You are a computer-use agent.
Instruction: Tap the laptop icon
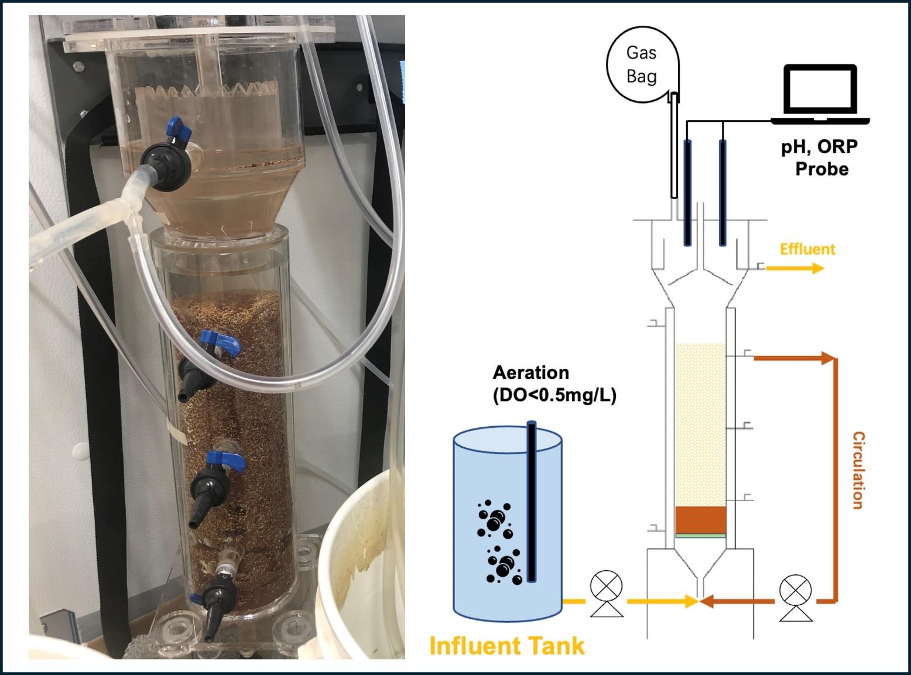(x=820, y=94)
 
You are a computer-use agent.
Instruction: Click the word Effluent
(x=807, y=249)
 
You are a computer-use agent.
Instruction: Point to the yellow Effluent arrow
(x=795, y=268)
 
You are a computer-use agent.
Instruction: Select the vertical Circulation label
(x=859, y=470)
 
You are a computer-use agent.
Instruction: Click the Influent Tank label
(x=507, y=645)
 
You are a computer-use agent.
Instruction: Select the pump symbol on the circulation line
(x=796, y=598)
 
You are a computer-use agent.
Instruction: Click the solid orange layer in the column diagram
(x=701, y=520)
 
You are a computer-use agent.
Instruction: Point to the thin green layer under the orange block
(x=701, y=536)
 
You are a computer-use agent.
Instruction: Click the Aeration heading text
(x=530, y=373)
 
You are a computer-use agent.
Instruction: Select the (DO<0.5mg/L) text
(x=554, y=396)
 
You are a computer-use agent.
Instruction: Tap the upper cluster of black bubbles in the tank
(x=495, y=519)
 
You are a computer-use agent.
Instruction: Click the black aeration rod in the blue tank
(x=532, y=501)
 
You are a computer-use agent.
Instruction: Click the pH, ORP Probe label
(x=820, y=157)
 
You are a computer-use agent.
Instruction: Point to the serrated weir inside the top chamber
(x=207, y=92)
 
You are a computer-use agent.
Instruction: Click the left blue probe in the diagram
(x=687, y=193)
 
